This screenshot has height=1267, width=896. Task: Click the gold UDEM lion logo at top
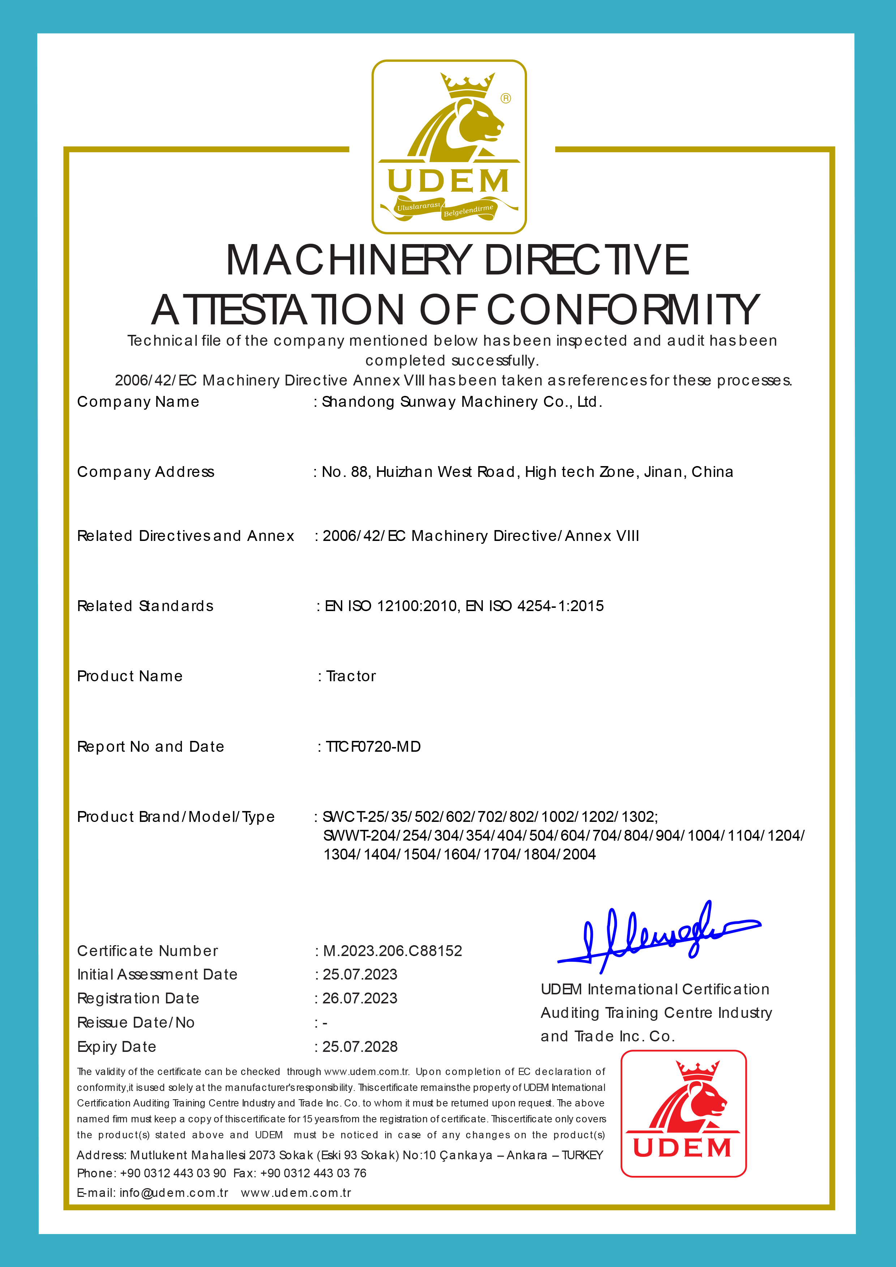click(449, 146)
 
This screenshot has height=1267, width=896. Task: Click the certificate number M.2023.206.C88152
click(392, 951)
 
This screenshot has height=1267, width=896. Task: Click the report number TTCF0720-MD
click(373, 747)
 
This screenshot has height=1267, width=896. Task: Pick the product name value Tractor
click(351, 677)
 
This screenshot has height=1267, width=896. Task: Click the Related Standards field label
click(145, 606)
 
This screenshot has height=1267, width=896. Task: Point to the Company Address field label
click(146, 472)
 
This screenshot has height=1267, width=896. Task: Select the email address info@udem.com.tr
click(174, 1193)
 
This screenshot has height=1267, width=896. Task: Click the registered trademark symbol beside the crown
click(506, 98)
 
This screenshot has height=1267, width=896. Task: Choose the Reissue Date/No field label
click(136, 1023)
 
